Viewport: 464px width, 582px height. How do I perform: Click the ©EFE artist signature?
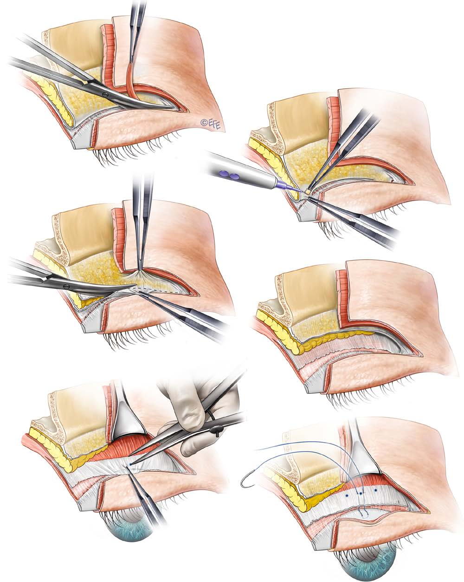click(210, 124)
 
